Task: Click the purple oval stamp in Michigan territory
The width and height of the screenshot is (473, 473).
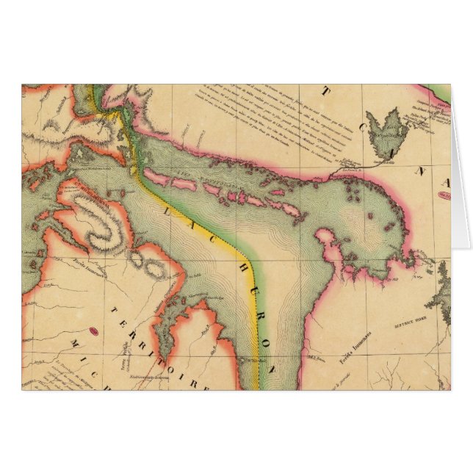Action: pos(94,332)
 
